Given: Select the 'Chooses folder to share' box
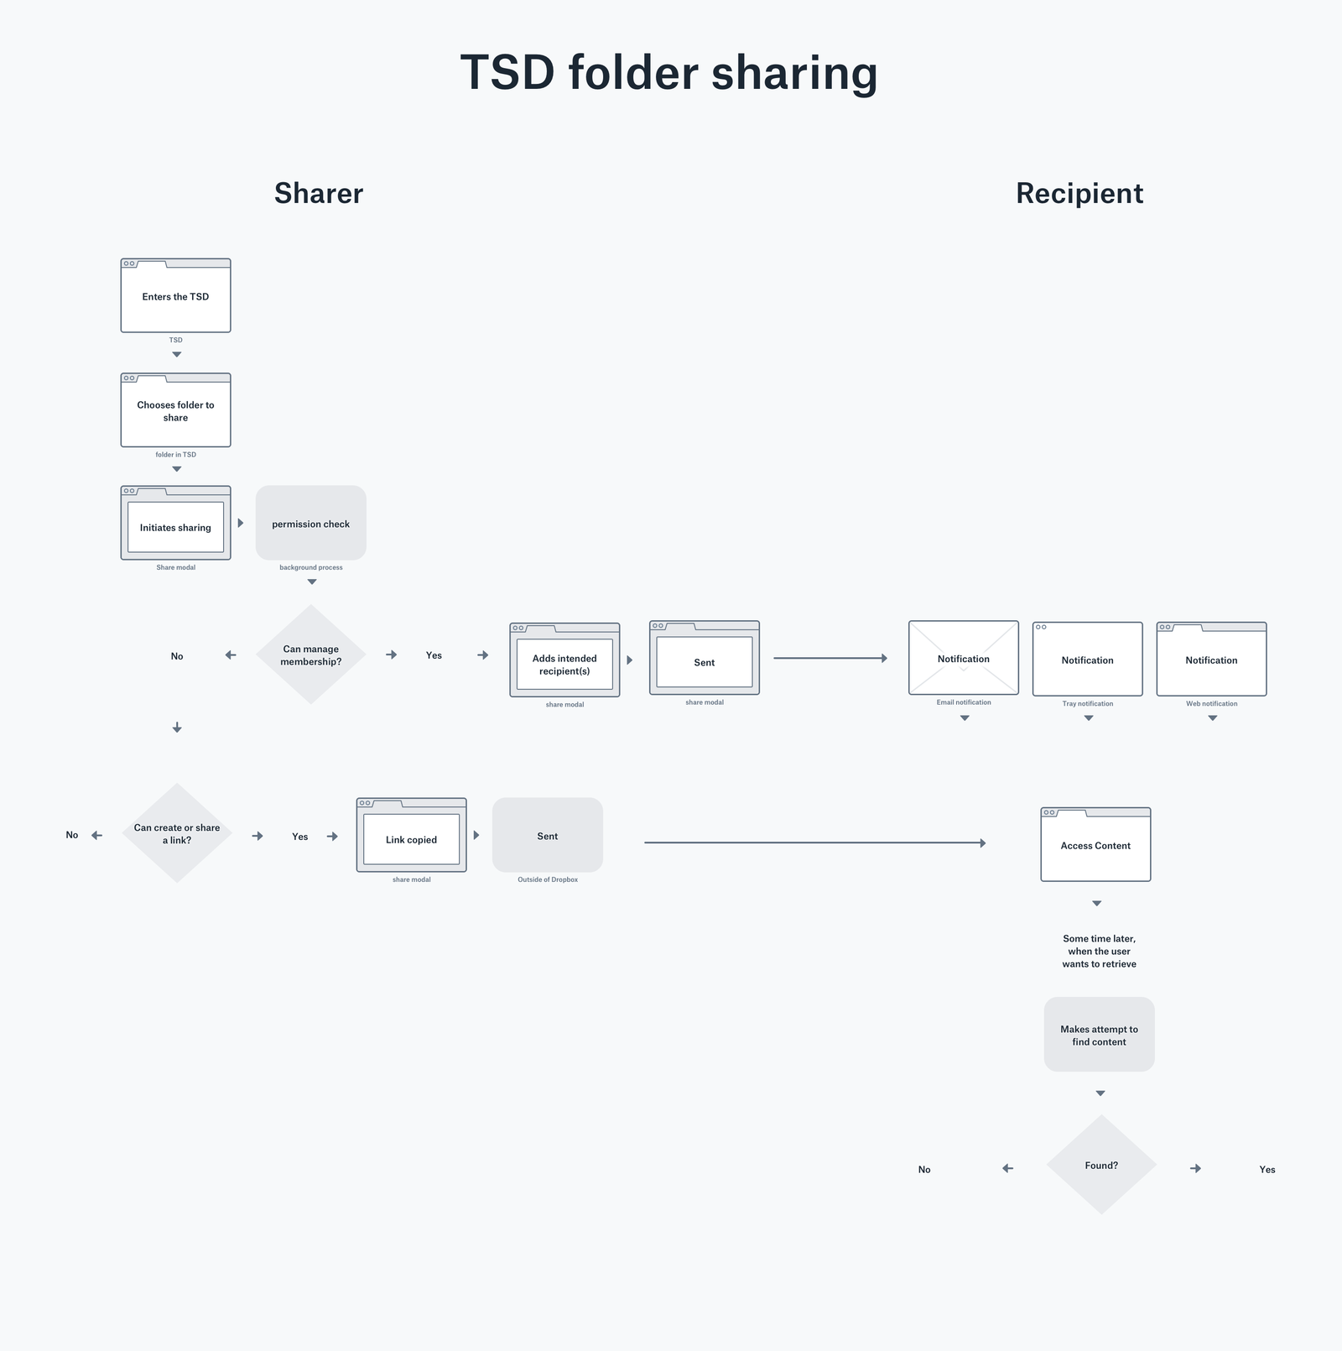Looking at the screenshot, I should (175, 411).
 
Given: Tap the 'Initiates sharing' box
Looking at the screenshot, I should (175, 527).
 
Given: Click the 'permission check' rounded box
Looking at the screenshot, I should (310, 524).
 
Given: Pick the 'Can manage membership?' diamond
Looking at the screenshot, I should (310, 655).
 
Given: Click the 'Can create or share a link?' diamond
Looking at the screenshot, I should (177, 833).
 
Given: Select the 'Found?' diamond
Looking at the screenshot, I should (1100, 1165).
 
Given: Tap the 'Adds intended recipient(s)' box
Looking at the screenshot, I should (564, 664).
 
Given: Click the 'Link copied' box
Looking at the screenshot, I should (411, 839).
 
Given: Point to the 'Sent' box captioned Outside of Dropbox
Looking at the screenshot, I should (547, 836).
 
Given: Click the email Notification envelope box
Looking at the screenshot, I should (963, 659).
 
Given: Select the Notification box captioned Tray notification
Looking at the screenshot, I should (1087, 660).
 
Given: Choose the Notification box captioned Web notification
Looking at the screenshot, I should (1211, 660).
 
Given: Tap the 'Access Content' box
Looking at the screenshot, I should (1095, 846).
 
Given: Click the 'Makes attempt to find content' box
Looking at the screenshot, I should (1099, 1035).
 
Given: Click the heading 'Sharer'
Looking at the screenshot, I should (319, 193).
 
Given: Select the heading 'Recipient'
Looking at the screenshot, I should (1079, 193).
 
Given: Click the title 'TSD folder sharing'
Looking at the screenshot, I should (668, 72).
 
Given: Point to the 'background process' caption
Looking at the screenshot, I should (310, 567).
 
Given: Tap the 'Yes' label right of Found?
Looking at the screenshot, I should (1267, 1169).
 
